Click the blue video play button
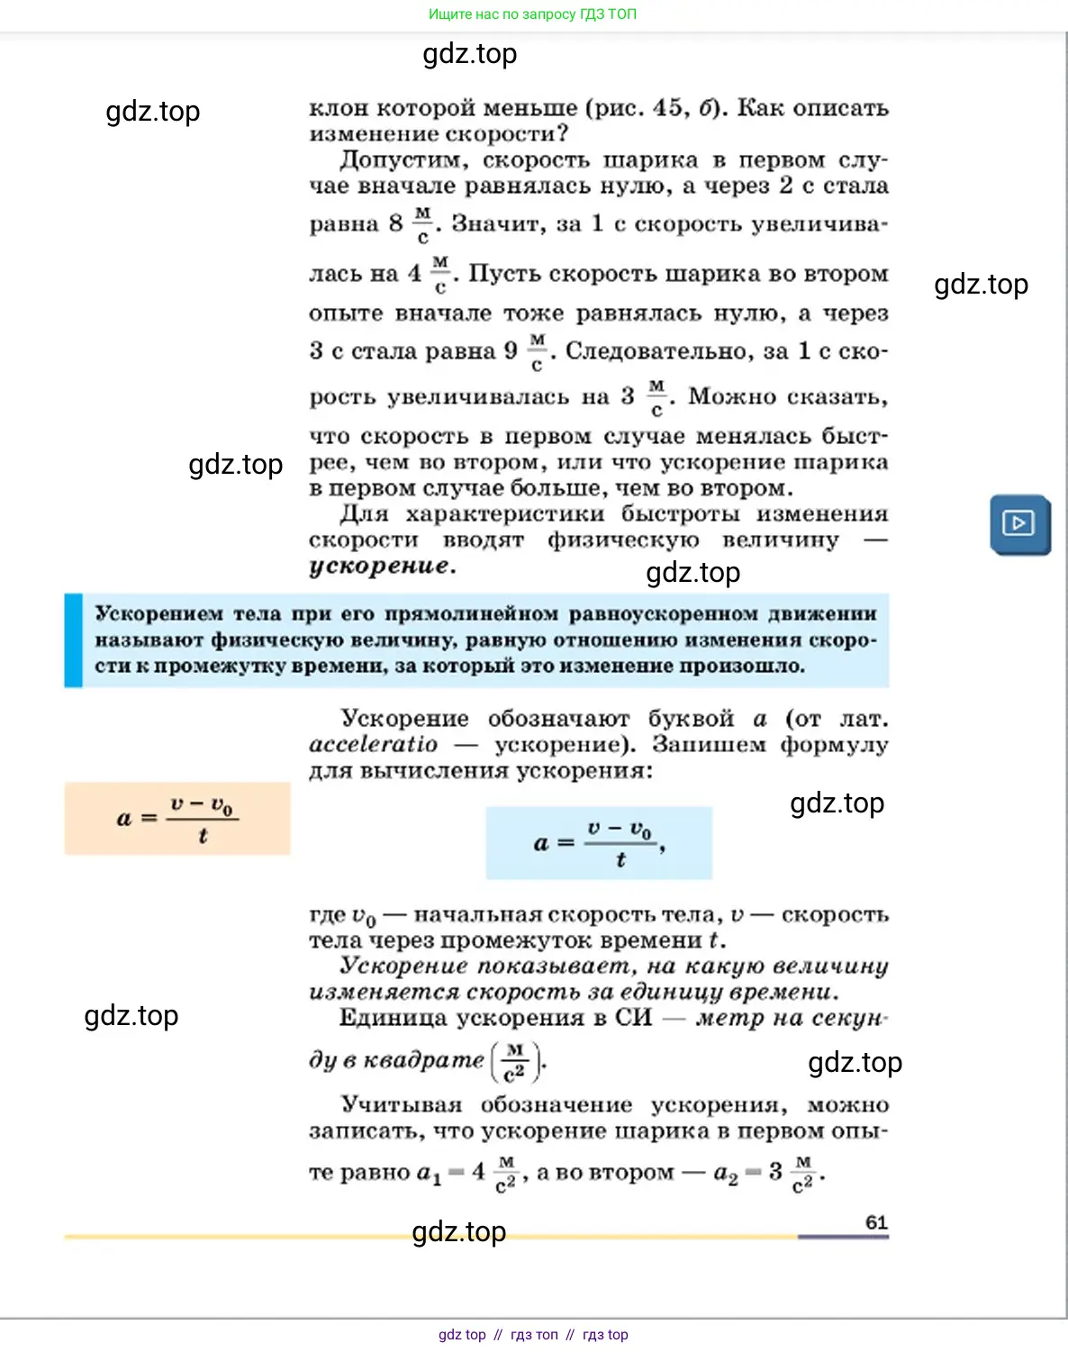click(x=1019, y=523)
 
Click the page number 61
click(x=876, y=1222)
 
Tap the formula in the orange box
click(x=177, y=819)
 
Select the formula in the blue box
click(x=599, y=843)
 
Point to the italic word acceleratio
click(x=373, y=745)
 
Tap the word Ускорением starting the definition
click(x=158, y=614)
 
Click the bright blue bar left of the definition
click(x=73, y=640)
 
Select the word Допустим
click(x=403, y=160)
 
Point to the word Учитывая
click(x=401, y=1105)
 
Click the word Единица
click(x=390, y=1019)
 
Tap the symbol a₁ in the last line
click(x=429, y=1173)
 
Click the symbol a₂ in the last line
click(x=725, y=1173)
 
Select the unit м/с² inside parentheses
click(x=515, y=1062)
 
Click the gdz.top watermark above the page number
click(x=458, y=1231)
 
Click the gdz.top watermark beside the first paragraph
click(x=152, y=112)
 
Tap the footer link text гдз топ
click(x=534, y=1335)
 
